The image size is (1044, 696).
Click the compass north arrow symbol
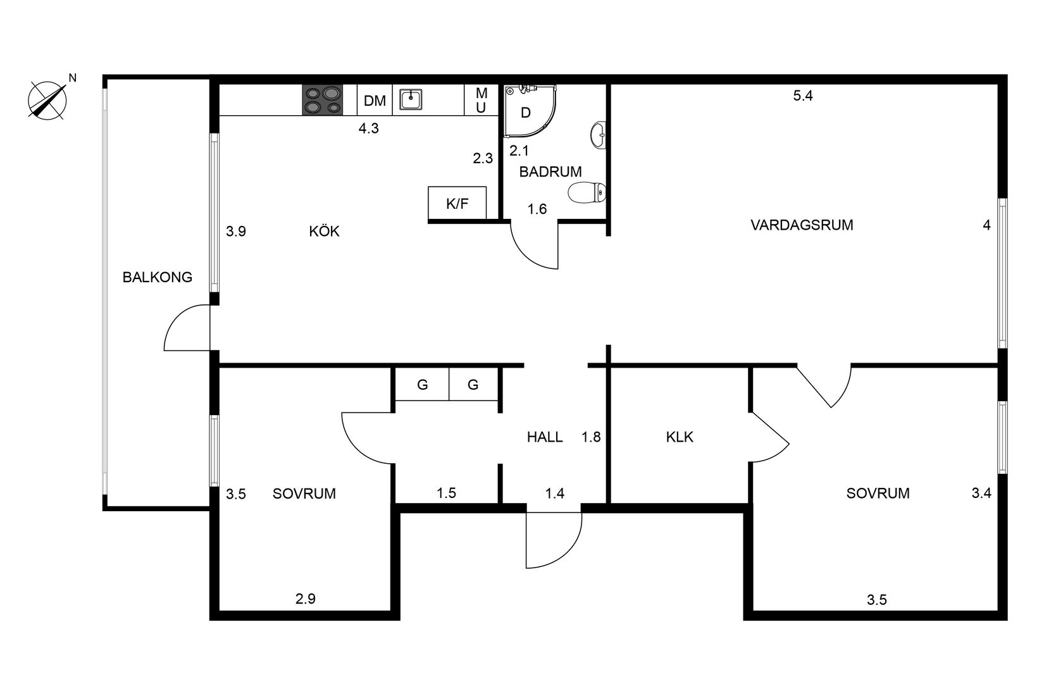pos(48,100)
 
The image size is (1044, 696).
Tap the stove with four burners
pos(322,100)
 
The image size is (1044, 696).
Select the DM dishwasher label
pos(375,101)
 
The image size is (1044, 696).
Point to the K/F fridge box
pos(457,204)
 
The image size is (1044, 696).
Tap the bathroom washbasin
pos(598,135)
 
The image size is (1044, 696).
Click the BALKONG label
pos(157,277)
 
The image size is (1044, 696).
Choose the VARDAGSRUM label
pos(802,225)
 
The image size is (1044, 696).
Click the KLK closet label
pos(680,437)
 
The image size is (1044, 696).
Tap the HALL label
pos(545,437)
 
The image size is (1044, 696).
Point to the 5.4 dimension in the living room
pos(802,96)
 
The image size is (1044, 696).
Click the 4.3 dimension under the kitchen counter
pos(368,128)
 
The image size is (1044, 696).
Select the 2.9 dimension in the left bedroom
pos(305,598)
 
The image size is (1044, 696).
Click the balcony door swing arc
pos(183,329)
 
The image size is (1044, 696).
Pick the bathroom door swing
pos(535,247)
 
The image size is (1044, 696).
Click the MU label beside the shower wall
pos(481,101)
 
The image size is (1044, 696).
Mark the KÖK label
pos(324,232)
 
